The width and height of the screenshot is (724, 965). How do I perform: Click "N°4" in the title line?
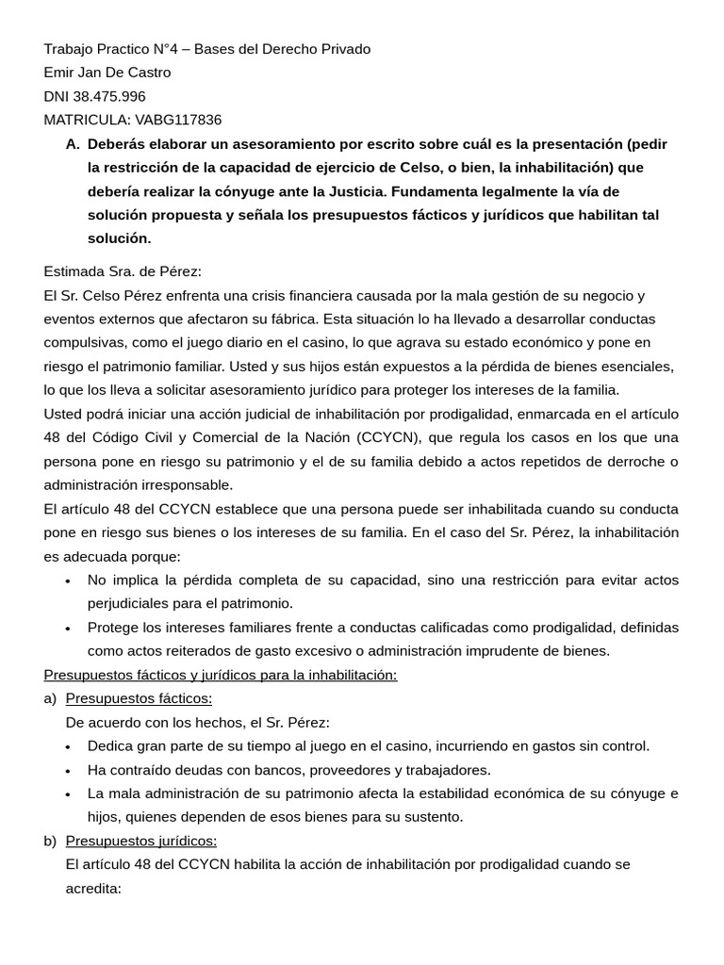pos(182,49)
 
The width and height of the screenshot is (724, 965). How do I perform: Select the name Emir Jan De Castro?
pos(107,73)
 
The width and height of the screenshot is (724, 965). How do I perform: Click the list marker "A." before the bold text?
pos(73,144)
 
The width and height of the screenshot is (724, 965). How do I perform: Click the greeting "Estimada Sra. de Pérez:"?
pos(123,271)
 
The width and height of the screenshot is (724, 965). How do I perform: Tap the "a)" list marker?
pos(50,698)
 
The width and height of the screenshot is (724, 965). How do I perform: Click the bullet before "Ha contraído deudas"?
pos(68,770)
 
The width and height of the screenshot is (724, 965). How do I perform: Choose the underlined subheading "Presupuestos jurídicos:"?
pos(141,841)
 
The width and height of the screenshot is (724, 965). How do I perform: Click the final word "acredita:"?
pos(93,888)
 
